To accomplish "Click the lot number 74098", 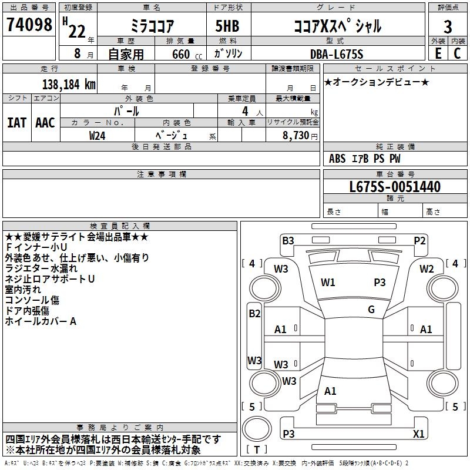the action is point(29,25).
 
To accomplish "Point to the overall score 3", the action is point(448,26).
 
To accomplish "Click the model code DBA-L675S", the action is point(337,54).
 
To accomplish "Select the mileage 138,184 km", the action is point(69,84).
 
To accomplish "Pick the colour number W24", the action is point(98,135).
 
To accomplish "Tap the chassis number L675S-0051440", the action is point(394,187).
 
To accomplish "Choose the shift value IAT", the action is point(16,123).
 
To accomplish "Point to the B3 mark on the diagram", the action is point(288,240).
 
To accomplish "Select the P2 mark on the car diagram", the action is point(419,240).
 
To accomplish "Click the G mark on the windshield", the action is point(371,310).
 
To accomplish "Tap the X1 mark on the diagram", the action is point(418,434).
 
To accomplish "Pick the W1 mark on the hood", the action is point(328,282).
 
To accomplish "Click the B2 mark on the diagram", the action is point(254,314).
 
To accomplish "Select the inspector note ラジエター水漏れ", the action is point(41,268).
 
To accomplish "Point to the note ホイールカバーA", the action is point(41,321).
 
